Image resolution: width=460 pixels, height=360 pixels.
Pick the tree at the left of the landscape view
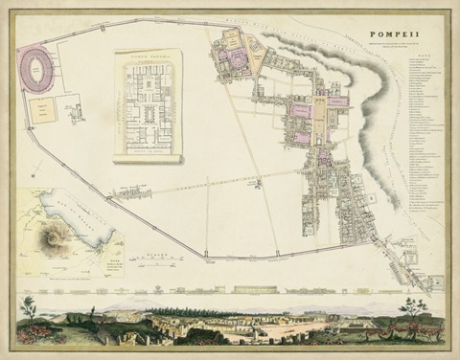27,305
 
